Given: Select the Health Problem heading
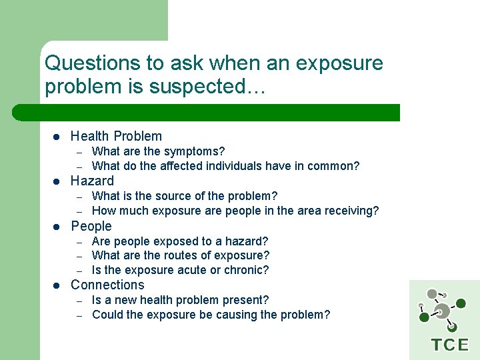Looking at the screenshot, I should point(116,136).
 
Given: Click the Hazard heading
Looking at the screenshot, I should point(92,181).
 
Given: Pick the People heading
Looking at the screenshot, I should point(91,226).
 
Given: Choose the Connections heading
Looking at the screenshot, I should point(107,285).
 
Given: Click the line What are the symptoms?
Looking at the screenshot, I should point(158,151).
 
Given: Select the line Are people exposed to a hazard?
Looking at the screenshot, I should point(180,241).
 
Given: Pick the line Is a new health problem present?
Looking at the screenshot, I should point(180,300).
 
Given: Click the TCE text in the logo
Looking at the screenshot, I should point(450,345).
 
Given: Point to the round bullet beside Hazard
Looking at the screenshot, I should point(57,181).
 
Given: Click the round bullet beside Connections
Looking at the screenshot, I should point(57,285).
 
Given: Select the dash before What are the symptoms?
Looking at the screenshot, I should point(78,152).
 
